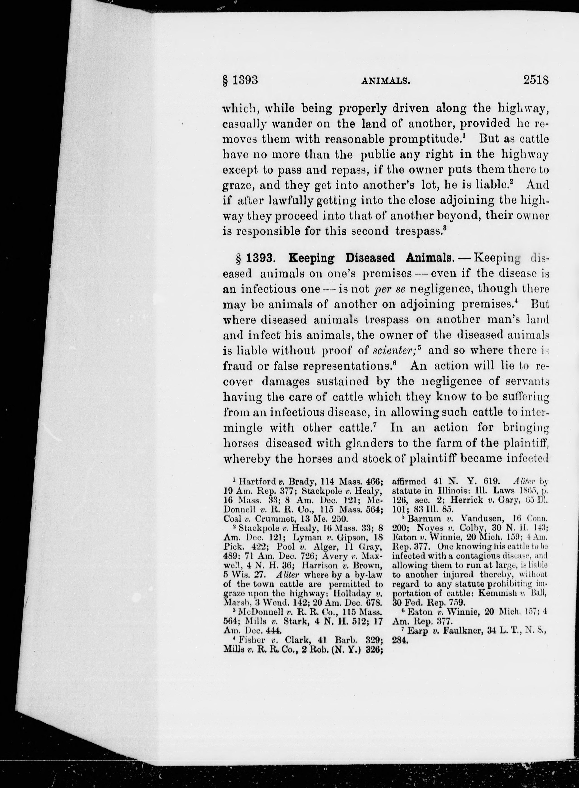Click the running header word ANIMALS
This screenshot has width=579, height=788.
tap(386, 81)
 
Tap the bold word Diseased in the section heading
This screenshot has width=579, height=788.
tap(370, 258)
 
